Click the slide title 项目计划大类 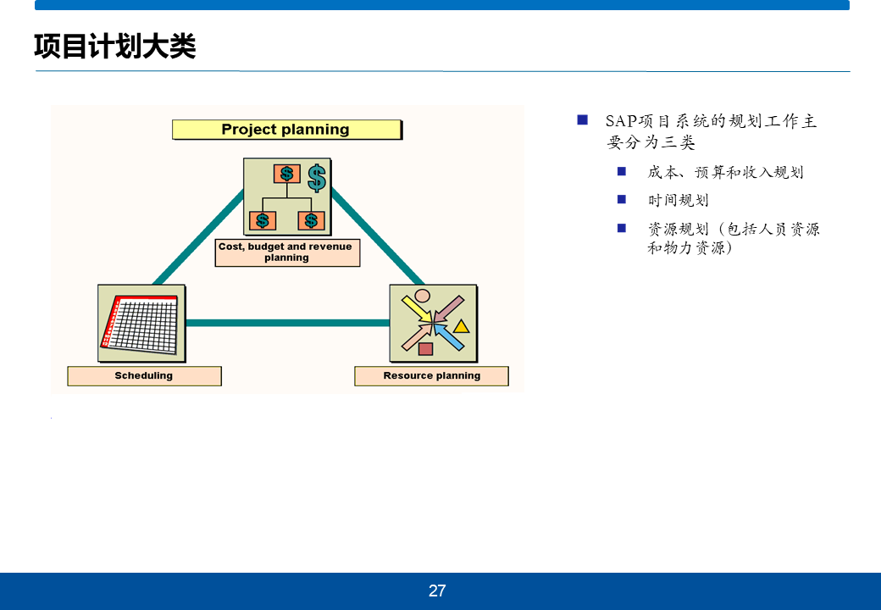115,47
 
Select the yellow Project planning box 285,130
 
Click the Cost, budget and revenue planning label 286,252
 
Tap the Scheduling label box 144,376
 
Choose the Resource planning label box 431,376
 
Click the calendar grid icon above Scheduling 141,323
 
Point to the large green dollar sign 317,177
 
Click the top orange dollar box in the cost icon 286,174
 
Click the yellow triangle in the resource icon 461,326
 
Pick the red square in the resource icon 425,348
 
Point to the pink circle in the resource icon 422,297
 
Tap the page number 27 437,591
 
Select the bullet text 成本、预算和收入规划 725,173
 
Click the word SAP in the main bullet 621,122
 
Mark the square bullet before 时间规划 622,200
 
